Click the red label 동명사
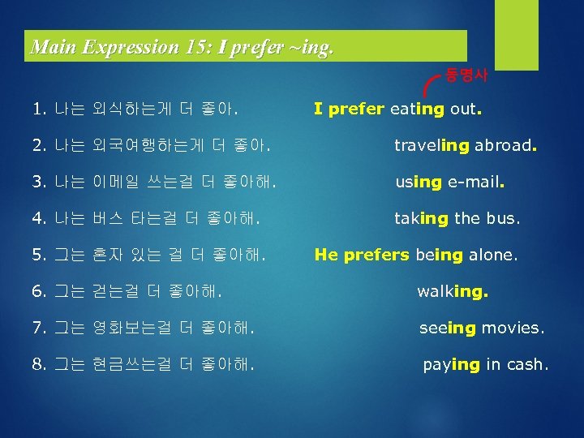click(x=467, y=75)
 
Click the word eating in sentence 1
click(x=417, y=108)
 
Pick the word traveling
click(x=432, y=146)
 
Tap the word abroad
click(x=505, y=146)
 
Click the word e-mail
click(x=476, y=182)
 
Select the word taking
click(x=420, y=218)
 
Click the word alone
click(x=491, y=255)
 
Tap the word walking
click(x=453, y=290)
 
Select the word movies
click(x=512, y=328)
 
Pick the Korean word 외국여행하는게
click(x=152, y=146)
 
